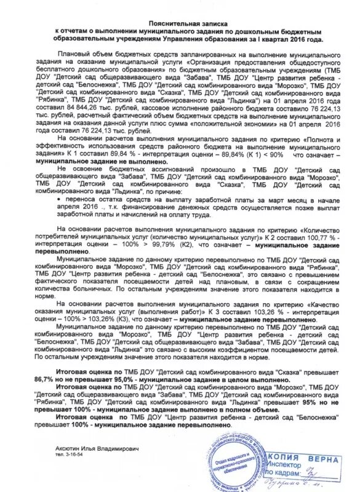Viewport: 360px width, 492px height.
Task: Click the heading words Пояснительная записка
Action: click(x=180, y=20)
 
